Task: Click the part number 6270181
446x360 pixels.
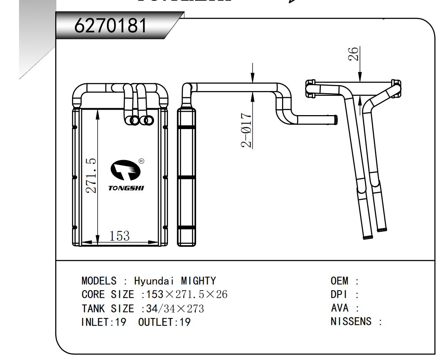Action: click(110, 26)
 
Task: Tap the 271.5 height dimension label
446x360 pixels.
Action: click(91, 175)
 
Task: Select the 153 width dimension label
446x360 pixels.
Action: click(119, 236)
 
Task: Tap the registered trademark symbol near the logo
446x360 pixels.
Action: click(142, 161)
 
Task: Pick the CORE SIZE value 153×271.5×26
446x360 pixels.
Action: click(187, 295)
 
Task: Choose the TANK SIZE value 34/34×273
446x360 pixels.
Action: click(175, 308)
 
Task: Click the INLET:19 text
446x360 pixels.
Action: click(103, 322)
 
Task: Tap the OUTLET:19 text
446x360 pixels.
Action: click(164, 322)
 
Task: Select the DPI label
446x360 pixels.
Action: click(339, 295)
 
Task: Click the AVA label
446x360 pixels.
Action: click(339, 308)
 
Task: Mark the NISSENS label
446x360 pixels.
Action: click(351, 322)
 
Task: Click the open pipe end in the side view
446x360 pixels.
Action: click(335, 119)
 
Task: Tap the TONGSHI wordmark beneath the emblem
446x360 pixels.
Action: click(126, 188)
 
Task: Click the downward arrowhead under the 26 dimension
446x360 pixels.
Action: click(360, 77)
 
